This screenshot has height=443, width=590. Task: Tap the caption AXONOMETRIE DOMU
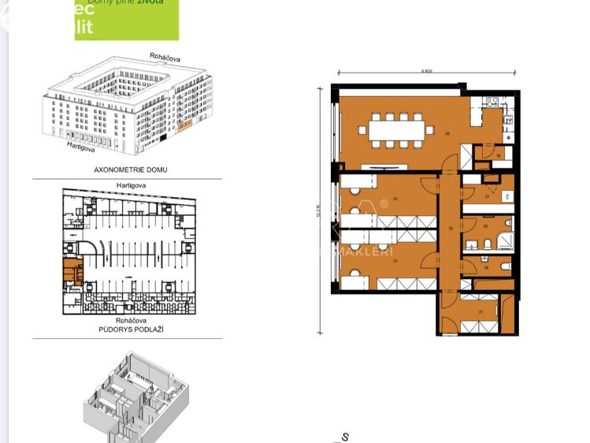point(131,169)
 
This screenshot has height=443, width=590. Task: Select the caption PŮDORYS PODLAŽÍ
point(131,329)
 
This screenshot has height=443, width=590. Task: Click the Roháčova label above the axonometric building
point(165,58)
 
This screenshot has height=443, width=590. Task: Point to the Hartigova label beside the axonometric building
point(81,147)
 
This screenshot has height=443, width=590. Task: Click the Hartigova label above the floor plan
point(131,185)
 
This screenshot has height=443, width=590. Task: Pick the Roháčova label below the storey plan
point(131,321)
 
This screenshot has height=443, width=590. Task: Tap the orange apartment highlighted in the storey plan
point(72,272)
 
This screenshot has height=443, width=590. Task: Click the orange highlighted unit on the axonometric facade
point(186,125)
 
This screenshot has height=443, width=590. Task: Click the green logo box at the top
point(126,19)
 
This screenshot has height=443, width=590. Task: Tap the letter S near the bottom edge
point(345,437)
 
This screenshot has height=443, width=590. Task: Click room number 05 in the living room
point(448,134)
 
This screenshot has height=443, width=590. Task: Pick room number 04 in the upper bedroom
point(395,199)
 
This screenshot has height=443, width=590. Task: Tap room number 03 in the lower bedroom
point(395,260)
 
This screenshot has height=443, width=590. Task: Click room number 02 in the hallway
point(451,229)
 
